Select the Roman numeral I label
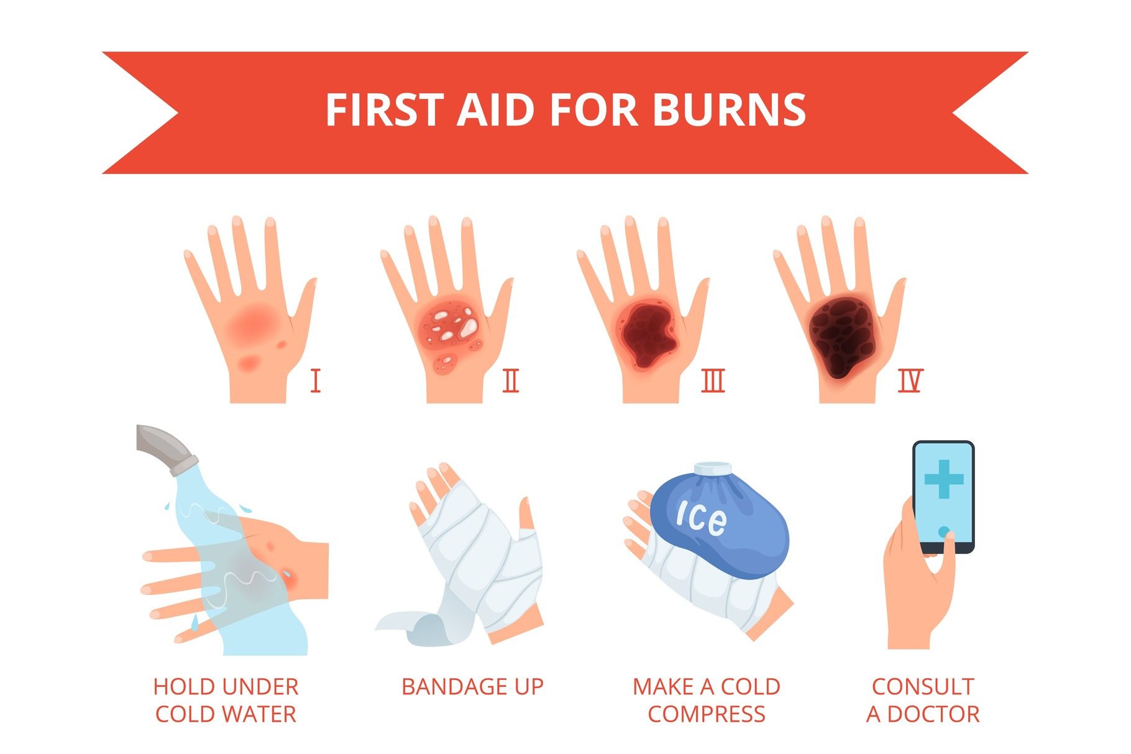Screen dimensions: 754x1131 click(315, 380)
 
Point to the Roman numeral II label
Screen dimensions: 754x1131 click(511, 380)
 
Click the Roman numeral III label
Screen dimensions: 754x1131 click(713, 380)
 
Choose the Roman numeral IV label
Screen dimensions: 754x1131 click(910, 380)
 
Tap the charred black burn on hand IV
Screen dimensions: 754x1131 click(842, 336)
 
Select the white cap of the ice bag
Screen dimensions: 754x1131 click(713, 468)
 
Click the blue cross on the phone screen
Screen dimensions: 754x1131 click(943, 479)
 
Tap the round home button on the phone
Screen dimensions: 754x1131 click(943, 531)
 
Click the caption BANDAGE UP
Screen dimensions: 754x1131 click(472, 687)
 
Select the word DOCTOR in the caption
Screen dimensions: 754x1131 click(933, 714)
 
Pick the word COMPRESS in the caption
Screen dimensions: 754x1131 click(707, 714)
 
